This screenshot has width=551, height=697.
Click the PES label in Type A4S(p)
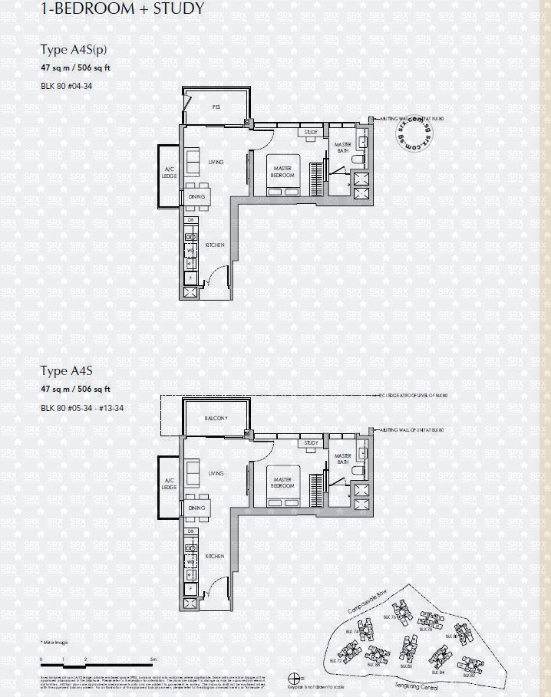(216, 108)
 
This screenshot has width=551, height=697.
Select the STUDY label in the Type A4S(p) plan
(311, 133)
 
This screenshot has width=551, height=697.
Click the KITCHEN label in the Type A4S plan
(215, 555)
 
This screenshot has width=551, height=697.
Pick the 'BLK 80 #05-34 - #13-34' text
(82, 407)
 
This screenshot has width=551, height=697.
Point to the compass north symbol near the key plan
(293, 676)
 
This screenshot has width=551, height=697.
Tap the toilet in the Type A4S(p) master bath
(364, 143)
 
